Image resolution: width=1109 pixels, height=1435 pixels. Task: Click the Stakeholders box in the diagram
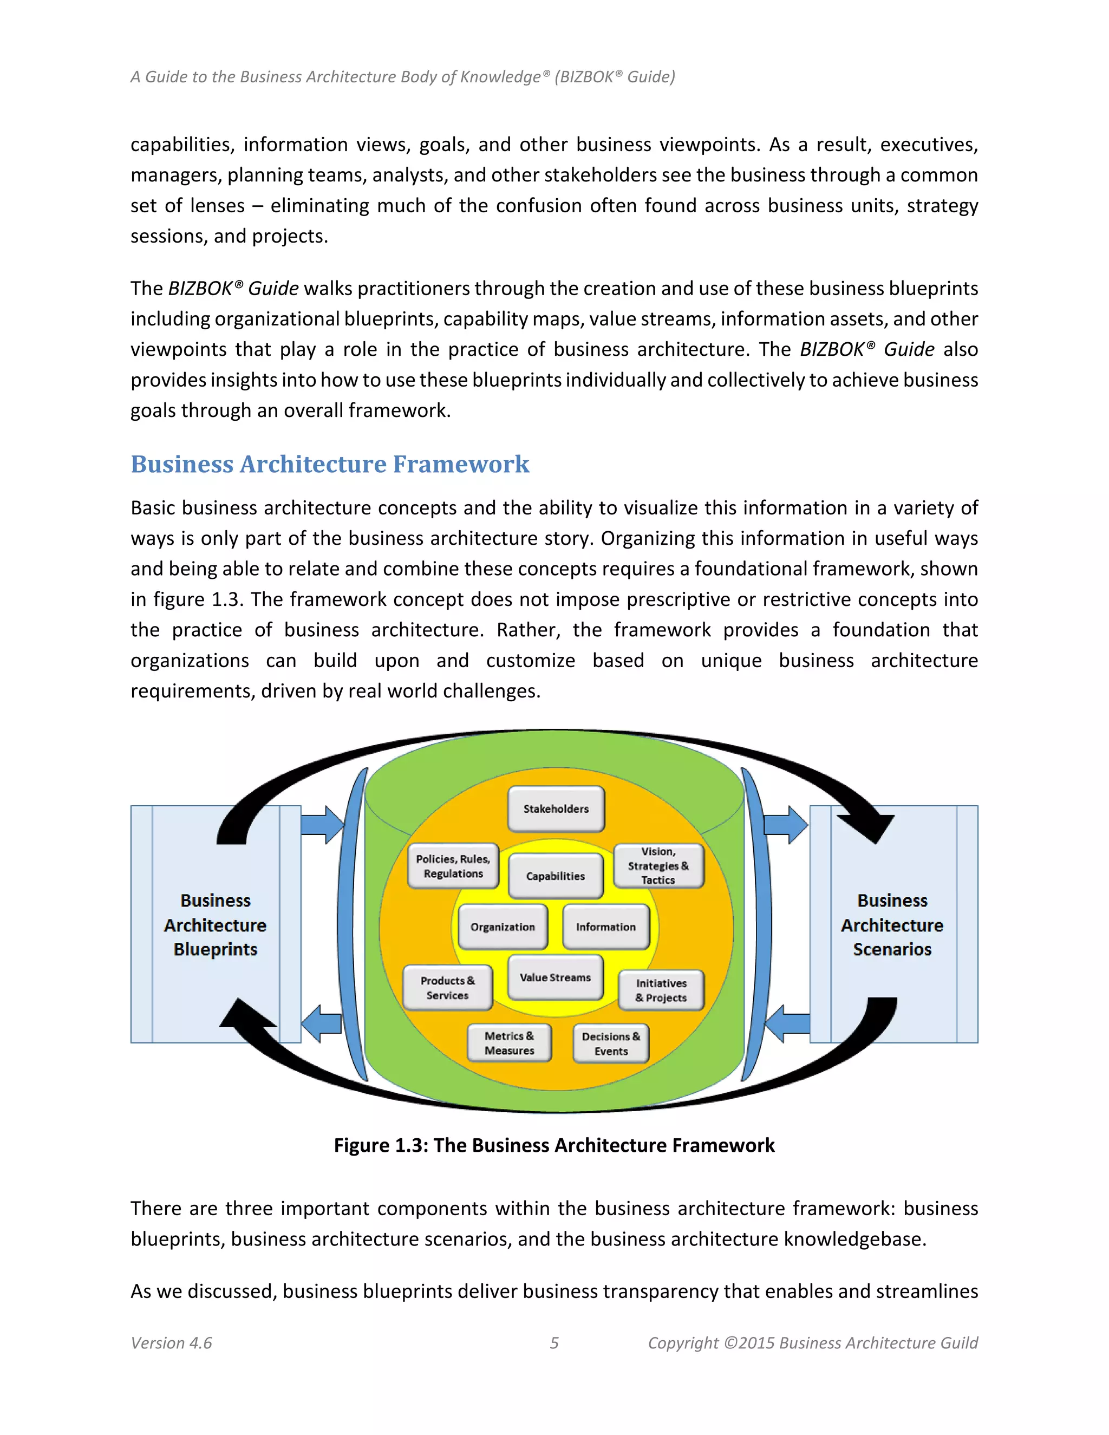[x=556, y=809]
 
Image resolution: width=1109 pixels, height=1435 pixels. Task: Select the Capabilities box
[x=555, y=876]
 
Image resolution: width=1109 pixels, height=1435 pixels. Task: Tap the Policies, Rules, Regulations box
[x=453, y=866]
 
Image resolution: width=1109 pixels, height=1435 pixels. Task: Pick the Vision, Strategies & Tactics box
[x=658, y=866]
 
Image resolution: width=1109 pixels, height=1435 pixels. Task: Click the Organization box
[x=503, y=927]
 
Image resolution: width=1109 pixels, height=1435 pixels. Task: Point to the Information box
[x=606, y=927]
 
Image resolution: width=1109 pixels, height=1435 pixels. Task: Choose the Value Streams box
[x=555, y=977]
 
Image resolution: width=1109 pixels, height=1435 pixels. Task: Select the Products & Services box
[x=447, y=988]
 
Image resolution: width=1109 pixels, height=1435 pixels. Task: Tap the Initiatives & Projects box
[x=661, y=990]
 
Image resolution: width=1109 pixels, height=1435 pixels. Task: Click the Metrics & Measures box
[x=509, y=1043]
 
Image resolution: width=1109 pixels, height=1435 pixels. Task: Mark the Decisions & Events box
[x=611, y=1043]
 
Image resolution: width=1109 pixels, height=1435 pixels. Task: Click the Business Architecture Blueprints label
[x=216, y=924]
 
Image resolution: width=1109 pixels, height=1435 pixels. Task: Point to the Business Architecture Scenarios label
[x=892, y=924]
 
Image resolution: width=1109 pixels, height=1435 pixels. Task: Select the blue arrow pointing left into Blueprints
[x=321, y=1023]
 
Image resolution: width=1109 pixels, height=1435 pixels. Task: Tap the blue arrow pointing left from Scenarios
[x=787, y=1023]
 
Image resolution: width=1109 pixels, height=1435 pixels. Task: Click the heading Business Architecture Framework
[x=330, y=464]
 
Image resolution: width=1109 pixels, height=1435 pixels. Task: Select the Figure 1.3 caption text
[x=554, y=1145]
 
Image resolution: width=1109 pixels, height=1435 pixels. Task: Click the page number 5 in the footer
[x=554, y=1343]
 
